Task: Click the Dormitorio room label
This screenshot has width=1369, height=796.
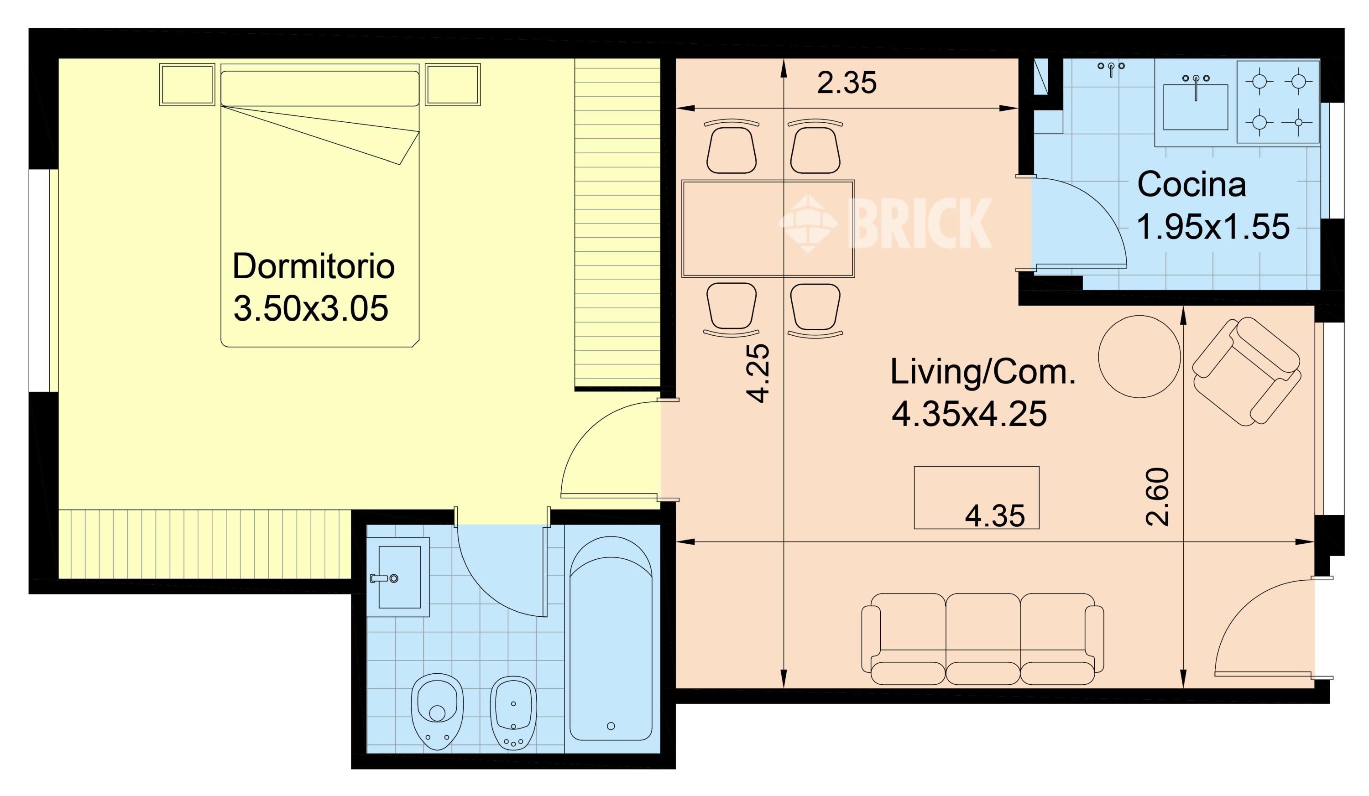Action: point(314,266)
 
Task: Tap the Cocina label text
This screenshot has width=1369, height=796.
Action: point(1191,185)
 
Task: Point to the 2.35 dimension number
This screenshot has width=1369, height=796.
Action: point(846,83)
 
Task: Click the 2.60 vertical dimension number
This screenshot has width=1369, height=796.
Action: point(1157,497)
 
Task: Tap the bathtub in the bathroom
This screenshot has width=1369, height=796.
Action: point(611,639)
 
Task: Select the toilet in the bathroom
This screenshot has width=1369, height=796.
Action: point(437,711)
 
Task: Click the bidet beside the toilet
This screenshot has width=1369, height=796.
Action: point(513,713)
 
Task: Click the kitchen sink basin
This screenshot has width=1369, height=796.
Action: point(1195,107)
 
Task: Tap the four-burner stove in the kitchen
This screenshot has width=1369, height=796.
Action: point(1278,102)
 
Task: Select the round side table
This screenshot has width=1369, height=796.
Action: point(1139,357)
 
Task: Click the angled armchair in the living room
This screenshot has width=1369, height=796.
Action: point(1247,371)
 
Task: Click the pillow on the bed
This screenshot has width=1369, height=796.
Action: point(320,88)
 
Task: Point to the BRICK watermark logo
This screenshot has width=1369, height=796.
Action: point(885,223)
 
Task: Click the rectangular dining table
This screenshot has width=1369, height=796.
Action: point(768,229)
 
